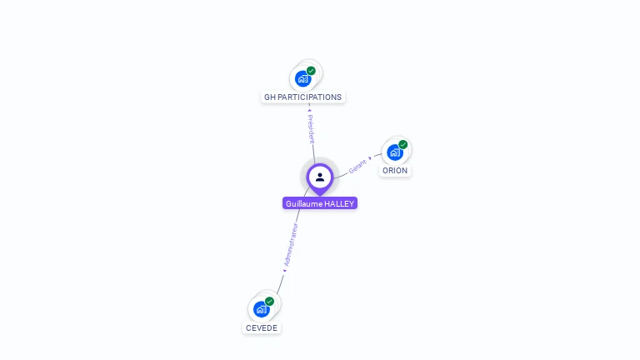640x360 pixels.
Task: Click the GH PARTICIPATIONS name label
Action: pos(302,97)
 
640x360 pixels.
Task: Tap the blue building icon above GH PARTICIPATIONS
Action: pos(302,78)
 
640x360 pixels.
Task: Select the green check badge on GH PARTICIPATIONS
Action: pos(311,71)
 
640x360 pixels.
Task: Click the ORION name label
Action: pos(395,170)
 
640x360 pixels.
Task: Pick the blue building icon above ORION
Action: pos(394,152)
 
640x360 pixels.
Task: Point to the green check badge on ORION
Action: pos(402,145)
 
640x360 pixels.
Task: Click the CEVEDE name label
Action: pos(262,327)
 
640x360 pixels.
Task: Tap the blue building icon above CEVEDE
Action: pos(261,309)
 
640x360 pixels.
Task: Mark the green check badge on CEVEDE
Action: pos(269,302)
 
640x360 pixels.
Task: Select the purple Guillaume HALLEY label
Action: pos(320,203)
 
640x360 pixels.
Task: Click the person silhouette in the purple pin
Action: pos(320,177)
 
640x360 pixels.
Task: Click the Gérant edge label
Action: pos(357,166)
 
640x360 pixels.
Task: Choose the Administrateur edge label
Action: pos(290,244)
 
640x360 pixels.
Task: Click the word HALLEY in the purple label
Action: pos(338,203)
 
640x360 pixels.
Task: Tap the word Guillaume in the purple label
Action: pos(303,203)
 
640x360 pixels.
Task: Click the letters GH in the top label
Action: pos(269,97)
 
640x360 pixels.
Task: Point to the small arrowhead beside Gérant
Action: pos(370,157)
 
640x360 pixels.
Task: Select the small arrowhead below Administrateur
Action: pos(284,270)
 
